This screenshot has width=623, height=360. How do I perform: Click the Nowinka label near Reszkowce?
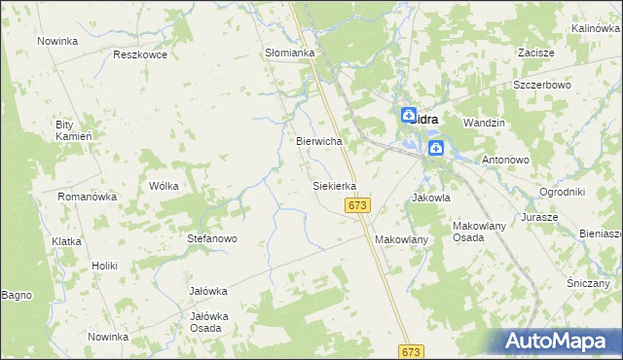coord(57,41)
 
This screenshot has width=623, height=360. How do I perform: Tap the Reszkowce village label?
coord(140,54)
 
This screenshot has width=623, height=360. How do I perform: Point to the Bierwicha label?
coord(319,141)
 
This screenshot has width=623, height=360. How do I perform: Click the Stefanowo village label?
coord(212,238)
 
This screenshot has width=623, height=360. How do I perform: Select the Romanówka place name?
coord(88,197)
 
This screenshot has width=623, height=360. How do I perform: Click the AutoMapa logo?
coord(559,342)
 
